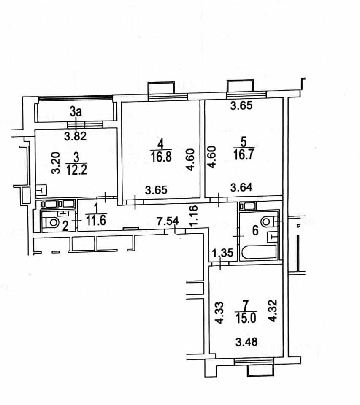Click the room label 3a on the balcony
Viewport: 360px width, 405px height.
pyautogui.click(x=76, y=112)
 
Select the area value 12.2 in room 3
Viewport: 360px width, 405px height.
pyautogui.click(x=77, y=170)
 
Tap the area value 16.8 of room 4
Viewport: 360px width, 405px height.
pyautogui.click(x=161, y=157)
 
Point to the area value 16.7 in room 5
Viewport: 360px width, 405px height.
pyautogui.click(x=244, y=155)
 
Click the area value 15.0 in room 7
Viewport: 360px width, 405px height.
pyautogui.click(x=246, y=318)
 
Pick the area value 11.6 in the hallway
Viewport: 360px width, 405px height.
pyautogui.click(x=96, y=221)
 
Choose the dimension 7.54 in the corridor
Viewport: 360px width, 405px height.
pyautogui.click(x=168, y=221)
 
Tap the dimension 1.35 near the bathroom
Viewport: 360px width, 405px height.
pyautogui.click(x=223, y=253)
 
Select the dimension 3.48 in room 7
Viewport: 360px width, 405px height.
pyautogui.click(x=246, y=342)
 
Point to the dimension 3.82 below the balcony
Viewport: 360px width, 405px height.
pyautogui.click(x=76, y=136)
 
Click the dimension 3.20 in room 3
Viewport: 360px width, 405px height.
pyautogui.click(x=56, y=163)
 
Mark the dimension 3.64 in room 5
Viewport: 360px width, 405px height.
pyautogui.click(x=241, y=187)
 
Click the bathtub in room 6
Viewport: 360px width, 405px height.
pyautogui.click(x=259, y=252)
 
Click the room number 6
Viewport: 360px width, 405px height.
pyautogui.click(x=255, y=230)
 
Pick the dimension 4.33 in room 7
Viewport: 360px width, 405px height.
pyautogui.click(x=219, y=313)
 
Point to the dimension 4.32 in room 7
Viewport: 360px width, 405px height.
pyautogui.click(x=273, y=310)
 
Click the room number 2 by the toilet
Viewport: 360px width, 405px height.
pyautogui.click(x=66, y=226)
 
